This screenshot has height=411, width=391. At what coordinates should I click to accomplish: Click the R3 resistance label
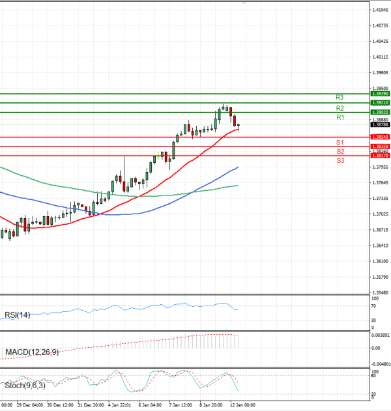point(340,97)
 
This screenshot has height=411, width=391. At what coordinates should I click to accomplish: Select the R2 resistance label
point(340,107)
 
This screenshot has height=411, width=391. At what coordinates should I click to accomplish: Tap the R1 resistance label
point(340,117)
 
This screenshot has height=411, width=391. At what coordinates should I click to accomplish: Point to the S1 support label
point(340,142)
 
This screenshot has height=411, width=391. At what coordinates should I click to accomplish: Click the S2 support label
point(340,151)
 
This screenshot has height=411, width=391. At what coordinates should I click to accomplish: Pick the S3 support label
point(340,160)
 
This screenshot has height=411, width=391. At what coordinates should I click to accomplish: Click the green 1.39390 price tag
point(380,94)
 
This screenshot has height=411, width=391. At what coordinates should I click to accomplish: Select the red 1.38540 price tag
point(380,137)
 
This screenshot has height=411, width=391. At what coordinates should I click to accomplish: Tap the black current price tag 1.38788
point(380,124)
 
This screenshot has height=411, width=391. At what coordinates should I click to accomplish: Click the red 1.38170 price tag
point(380,156)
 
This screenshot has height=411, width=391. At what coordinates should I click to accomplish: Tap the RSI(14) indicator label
point(18,315)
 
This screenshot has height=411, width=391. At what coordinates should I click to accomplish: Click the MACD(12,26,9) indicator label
point(31,352)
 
